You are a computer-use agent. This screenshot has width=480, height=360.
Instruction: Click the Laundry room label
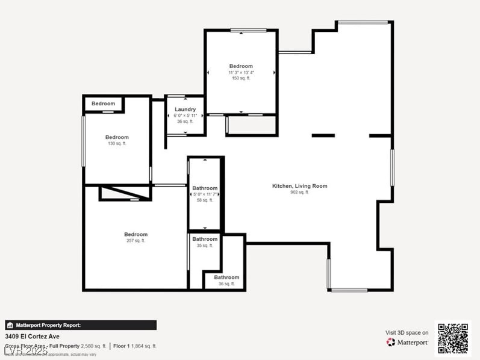click(185, 110)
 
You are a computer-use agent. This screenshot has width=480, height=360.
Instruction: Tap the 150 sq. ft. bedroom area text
click(241, 78)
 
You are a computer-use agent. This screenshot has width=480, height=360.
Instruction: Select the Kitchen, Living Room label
click(299, 186)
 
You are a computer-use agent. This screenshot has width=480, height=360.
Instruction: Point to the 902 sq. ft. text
click(299, 193)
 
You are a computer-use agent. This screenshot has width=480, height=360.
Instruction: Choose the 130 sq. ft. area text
click(117, 143)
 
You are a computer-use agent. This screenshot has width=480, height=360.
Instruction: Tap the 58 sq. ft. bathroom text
click(205, 200)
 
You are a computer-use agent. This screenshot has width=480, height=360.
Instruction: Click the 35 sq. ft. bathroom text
click(205, 246)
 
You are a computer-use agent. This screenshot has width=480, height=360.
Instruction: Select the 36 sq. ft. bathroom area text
click(226, 284)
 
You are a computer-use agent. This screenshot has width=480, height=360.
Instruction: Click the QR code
click(452, 338)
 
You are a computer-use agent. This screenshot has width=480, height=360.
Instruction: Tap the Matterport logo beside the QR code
click(407, 342)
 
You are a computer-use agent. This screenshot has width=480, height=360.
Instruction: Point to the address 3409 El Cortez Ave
click(33, 337)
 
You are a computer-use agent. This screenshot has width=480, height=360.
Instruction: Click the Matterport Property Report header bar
click(81, 325)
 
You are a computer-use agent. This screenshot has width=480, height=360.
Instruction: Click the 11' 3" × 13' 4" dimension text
click(241, 72)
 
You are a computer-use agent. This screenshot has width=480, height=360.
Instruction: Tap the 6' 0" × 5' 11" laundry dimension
click(185, 116)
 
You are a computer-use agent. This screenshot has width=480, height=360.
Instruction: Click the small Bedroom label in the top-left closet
click(103, 104)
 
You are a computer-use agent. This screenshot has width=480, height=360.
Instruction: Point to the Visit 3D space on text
click(407, 332)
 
